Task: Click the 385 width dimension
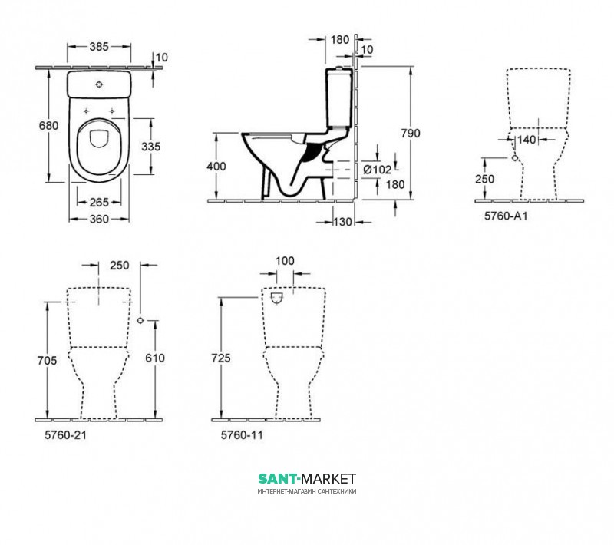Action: click(x=99, y=47)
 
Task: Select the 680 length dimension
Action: click(x=48, y=125)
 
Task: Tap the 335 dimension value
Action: click(x=150, y=147)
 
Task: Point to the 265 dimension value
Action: click(x=99, y=202)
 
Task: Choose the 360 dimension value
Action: click(x=99, y=219)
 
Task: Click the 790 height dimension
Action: click(x=411, y=133)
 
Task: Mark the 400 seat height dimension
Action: click(x=216, y=167)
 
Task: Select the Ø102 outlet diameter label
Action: click(x=377, y=170)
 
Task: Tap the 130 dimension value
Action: click(x=342, y=222)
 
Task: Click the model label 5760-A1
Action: click(x=506, y=216)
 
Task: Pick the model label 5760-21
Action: click(x=65, y=435)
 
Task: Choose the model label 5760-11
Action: click(x=242, y=435)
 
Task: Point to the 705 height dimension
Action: click(x=47, y=360)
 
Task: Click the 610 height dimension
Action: click(x=155, y=358)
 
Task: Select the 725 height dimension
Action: click(x=221, y=358)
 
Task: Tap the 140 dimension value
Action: click(x=527, y=140)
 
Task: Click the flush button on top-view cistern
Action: click(x=100, y=84)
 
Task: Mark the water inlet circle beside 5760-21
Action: click(x=140, y=320)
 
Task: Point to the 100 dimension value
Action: click(x=285, y=261)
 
